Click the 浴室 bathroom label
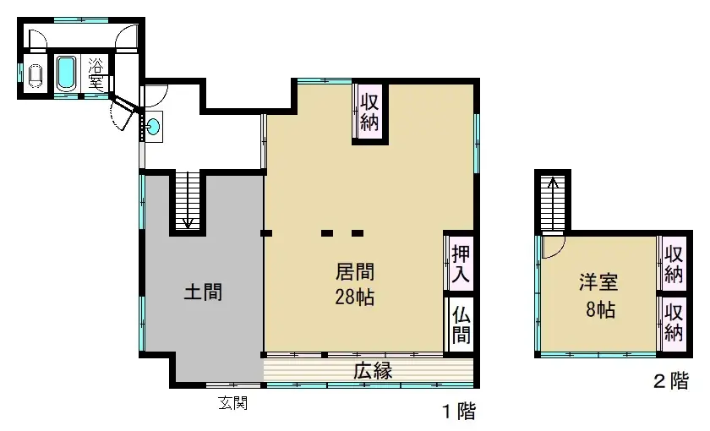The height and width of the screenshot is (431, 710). pos(96,74)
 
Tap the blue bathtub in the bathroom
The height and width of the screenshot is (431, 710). pos(67,73)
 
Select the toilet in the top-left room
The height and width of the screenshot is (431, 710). pos(35,75)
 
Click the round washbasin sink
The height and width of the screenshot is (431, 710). pos(153,127)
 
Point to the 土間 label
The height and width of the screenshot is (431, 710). pos(203,293)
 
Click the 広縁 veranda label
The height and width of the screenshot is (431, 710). pos(372,371)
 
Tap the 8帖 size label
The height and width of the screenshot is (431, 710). pos(597,309)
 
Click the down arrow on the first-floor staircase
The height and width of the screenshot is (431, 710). pos(188,221)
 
